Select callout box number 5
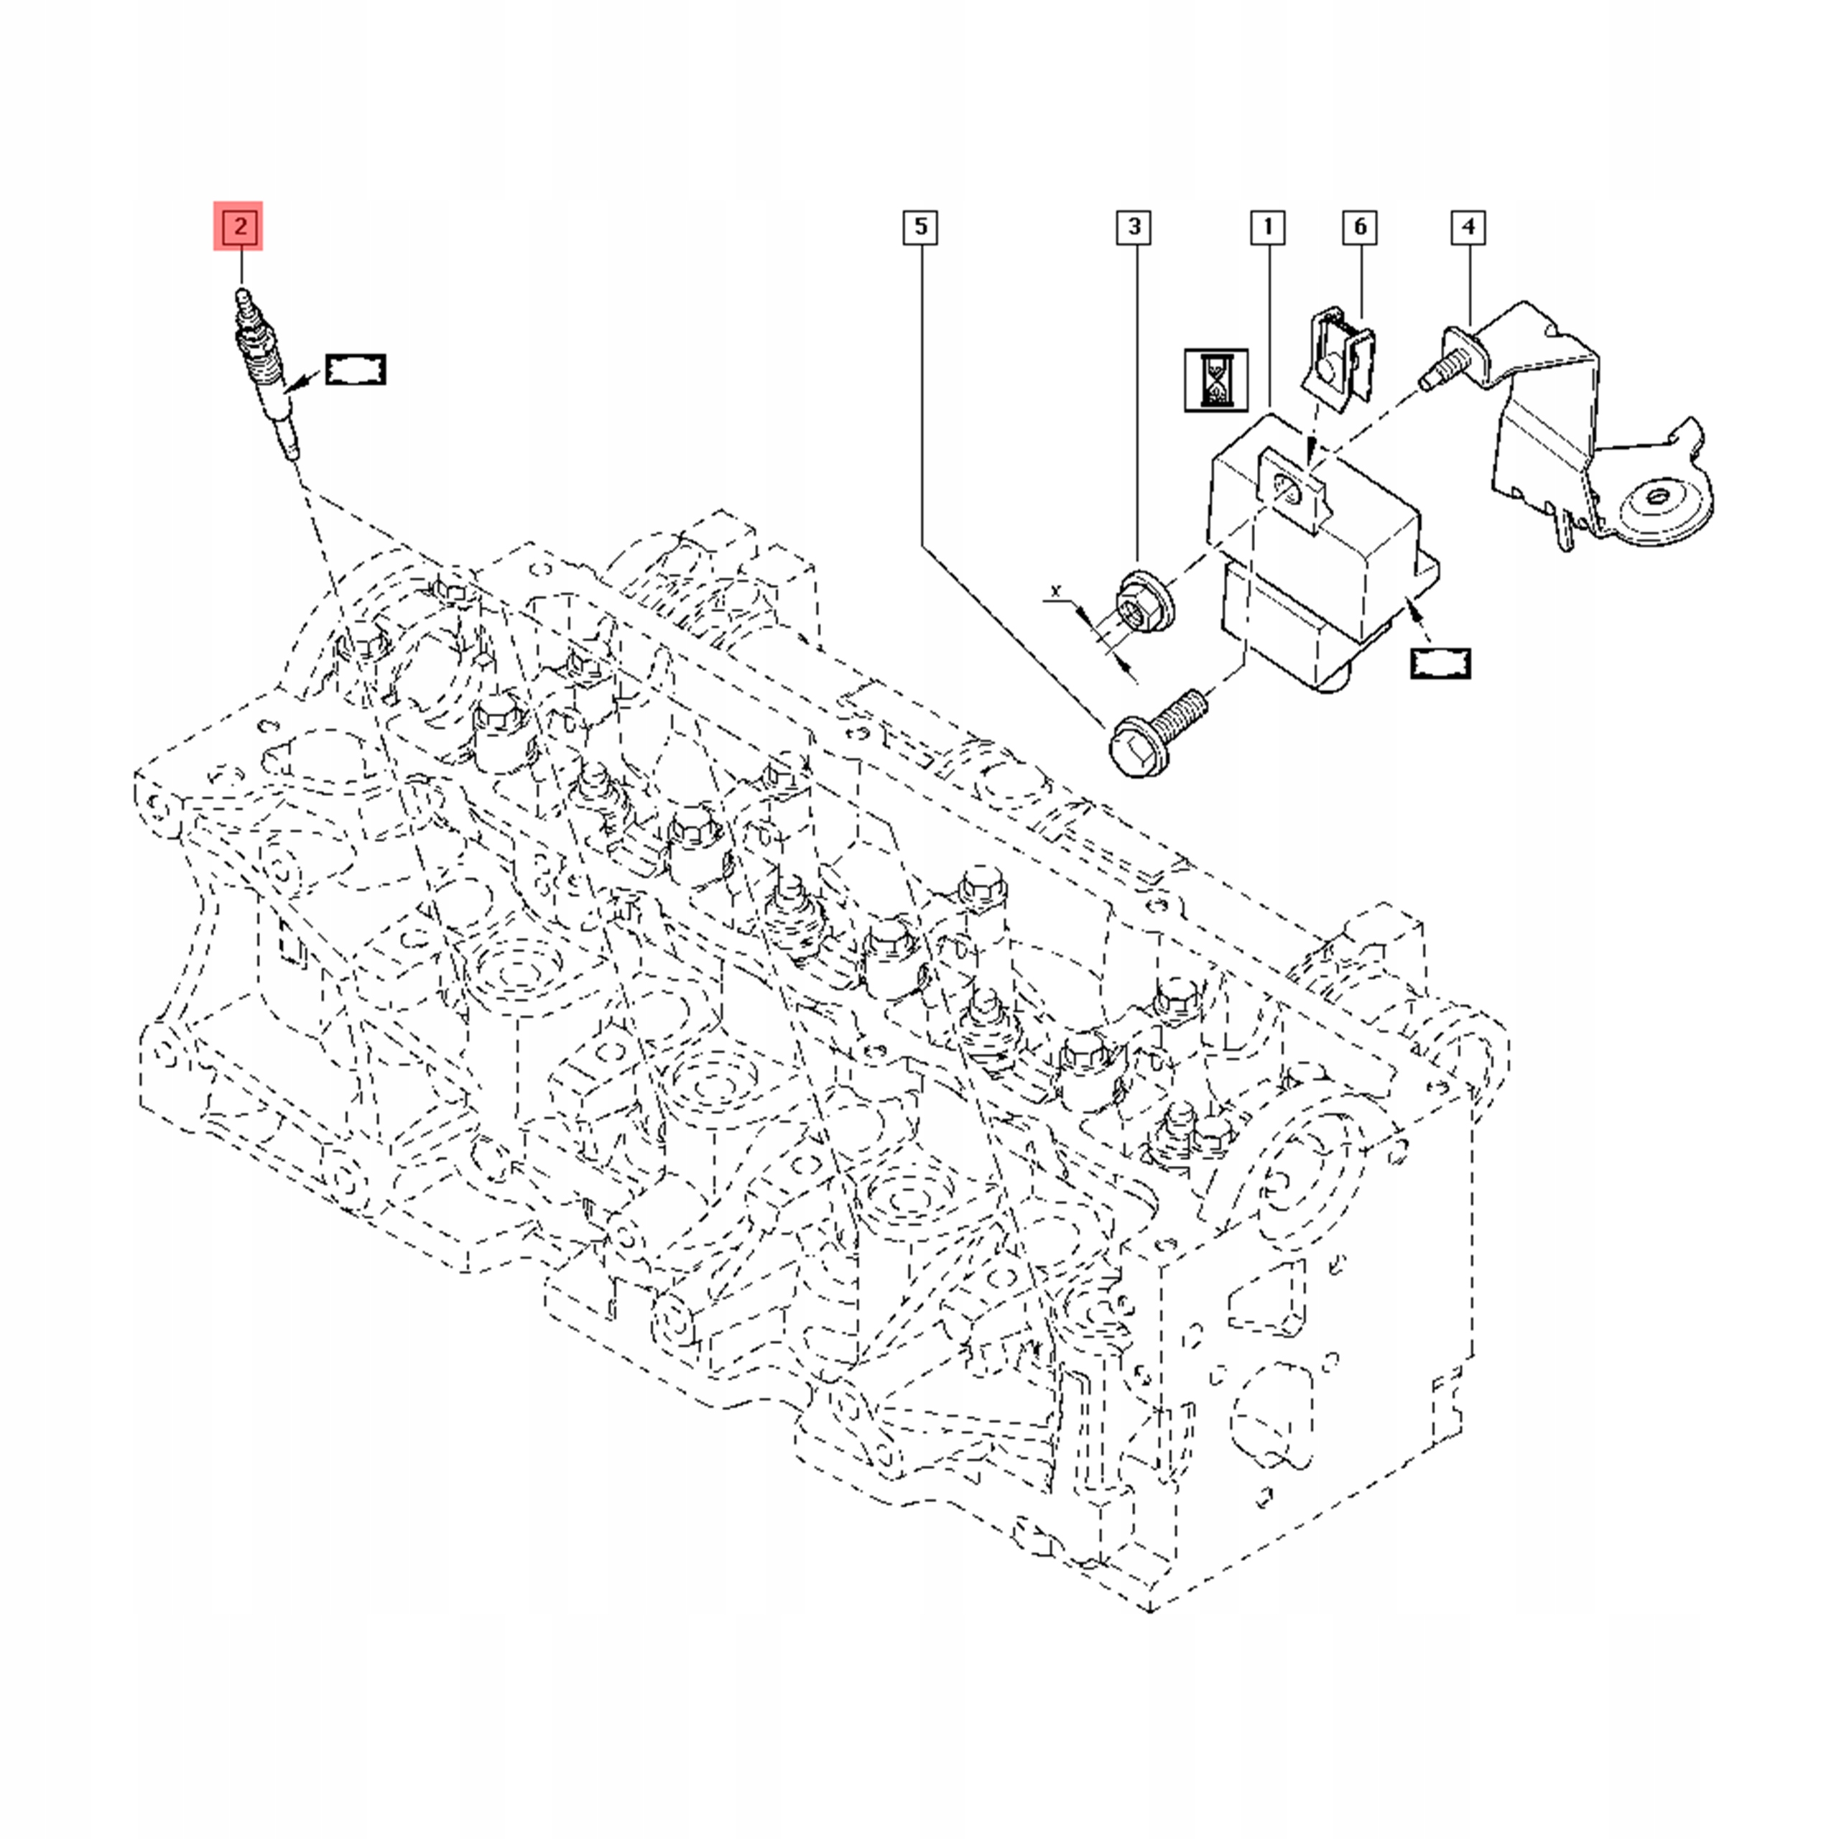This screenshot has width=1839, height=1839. pyautogui.click(x=919, y=228)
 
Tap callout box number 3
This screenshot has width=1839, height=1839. pyautogui.click(x=1134, y=228)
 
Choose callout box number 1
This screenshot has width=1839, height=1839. pyautogui.click(x=1267, y=228)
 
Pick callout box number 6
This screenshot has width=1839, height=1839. pyautogui.click(x=1359, y=228)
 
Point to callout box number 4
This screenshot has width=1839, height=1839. pyautogui.click(x=1468, y=228)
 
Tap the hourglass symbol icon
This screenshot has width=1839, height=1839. pyautogui.click(x=1215, y=380)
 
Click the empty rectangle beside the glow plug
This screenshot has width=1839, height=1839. pyautogui.click(x=355, y=369)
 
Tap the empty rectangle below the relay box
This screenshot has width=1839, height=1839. pyautogui.click(x=1440, y=662)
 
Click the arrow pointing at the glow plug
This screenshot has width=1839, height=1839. pyautogui.click(x=304, y=383)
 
